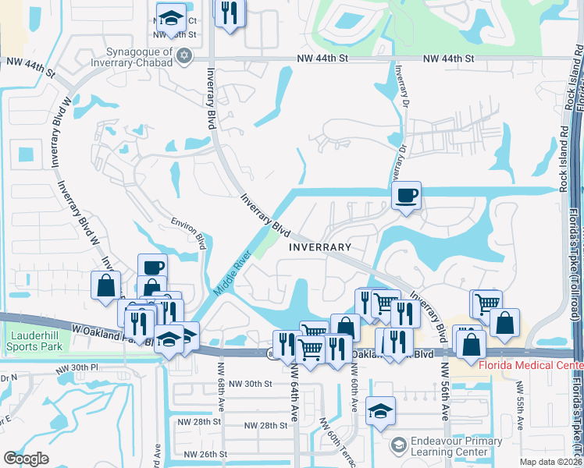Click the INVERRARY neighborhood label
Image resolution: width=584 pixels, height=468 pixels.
320,246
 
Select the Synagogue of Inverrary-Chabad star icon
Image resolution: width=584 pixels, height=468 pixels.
184,55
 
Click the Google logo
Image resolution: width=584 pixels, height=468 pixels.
27,458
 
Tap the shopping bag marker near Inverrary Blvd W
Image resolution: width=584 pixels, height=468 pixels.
105,285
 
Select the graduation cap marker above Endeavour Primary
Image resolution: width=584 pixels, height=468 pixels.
380,409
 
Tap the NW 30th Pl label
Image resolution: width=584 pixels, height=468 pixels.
77,367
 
